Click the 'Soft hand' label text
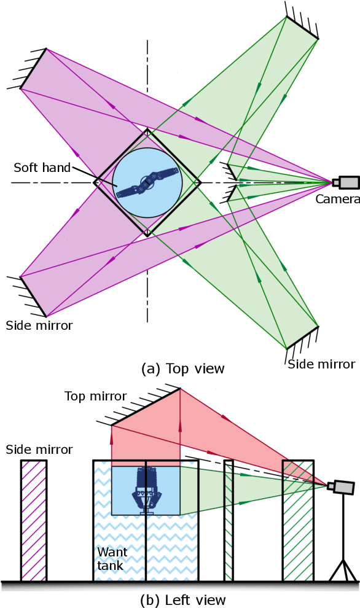42,168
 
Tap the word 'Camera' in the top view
337,199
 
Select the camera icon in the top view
346,182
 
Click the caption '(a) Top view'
183,368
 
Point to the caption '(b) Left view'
183,599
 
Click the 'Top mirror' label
95,396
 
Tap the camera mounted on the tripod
341,487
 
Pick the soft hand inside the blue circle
147,182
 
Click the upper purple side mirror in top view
32,68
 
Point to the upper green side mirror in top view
302,28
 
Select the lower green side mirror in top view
302,337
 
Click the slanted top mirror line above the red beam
146,406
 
